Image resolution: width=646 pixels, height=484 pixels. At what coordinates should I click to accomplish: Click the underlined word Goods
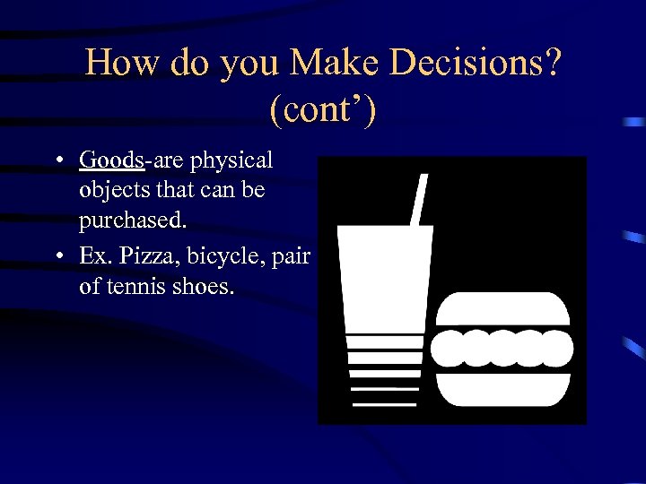111,160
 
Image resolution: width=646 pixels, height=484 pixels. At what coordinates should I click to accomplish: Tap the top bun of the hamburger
502,309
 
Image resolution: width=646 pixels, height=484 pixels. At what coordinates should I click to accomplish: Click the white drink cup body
384,278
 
